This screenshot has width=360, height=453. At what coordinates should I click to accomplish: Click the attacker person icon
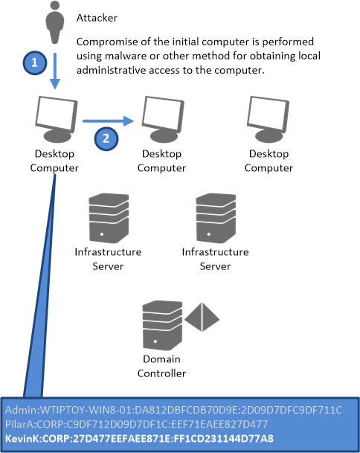point(54,22)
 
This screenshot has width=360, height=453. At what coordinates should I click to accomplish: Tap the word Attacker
point(97,18)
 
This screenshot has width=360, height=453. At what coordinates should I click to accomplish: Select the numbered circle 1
point(35,62)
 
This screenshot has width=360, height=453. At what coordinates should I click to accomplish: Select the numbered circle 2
point(106,138)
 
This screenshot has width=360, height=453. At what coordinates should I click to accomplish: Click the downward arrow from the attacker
point(55,71)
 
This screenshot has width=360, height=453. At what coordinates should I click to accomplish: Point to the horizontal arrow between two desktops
point(109,121)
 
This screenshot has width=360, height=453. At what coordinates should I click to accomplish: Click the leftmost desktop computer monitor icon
point(57,119)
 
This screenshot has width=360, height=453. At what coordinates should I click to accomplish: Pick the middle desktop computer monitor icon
point(163,119)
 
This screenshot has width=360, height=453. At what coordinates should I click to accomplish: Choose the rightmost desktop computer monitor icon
point(268,119)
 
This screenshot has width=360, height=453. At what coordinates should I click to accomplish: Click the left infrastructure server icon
point(109,218)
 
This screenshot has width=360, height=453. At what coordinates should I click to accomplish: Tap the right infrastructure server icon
point(216,218)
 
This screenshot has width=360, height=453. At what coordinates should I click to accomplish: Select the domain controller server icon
point(162,326)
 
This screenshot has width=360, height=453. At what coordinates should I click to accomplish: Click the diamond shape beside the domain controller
point(202,317)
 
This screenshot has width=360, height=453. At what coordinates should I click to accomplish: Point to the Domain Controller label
point(162,366)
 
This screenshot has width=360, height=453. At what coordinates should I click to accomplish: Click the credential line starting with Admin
point(173,410)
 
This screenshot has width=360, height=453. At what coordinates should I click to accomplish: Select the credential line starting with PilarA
point(136,424)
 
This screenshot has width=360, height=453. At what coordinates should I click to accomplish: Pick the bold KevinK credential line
point(139,439)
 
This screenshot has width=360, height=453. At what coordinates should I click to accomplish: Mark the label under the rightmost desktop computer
point(269,161)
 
